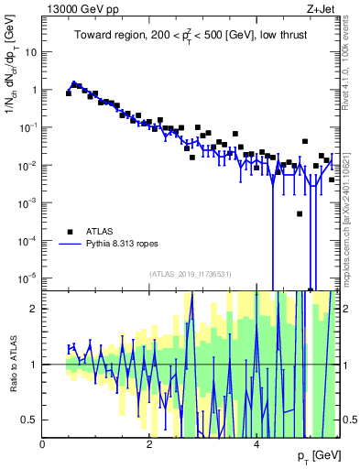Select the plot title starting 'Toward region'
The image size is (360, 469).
pos(191,35)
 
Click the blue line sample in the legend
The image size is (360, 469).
pos(71,245)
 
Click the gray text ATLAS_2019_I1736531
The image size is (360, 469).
pos(191,275)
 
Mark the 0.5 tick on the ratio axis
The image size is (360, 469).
pos(30,420)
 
